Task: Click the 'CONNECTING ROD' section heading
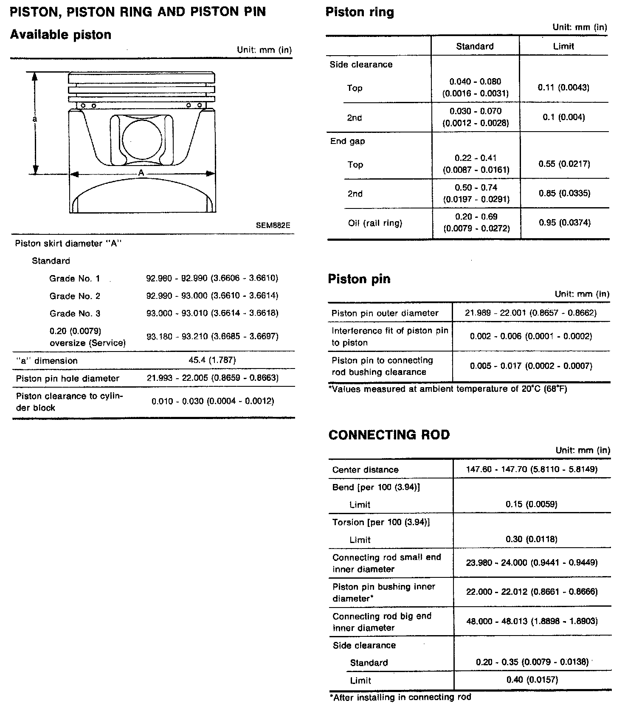coord(389,435)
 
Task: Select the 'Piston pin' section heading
coord(359,279)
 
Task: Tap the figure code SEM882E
coord(273,225)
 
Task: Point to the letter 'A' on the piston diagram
coord(141,173)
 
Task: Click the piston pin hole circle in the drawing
coord(142,139)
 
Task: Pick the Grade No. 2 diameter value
coord(212,295)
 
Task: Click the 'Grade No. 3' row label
coord(75,313)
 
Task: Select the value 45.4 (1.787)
coord(212,360)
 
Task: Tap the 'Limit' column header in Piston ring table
coord(563,46)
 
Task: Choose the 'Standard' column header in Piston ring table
coord(475,46)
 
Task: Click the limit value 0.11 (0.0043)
coord(563,87)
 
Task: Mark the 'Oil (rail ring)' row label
coord(375,223)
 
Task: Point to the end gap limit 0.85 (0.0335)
coord(564,193)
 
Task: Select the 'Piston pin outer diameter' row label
coord(385,313)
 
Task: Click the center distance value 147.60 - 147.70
coord(532,469)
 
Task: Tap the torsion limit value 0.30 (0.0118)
coord(532,539)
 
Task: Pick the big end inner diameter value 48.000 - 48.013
coord(532,621)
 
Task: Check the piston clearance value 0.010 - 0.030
coord(213,401)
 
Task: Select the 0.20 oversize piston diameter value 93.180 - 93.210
coord(212,337)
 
